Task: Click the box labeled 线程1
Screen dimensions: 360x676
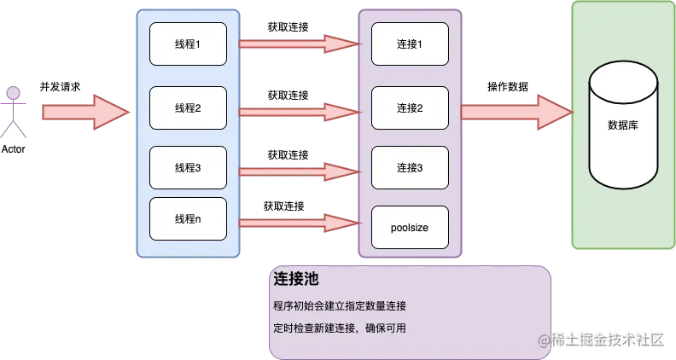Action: pos(188,44)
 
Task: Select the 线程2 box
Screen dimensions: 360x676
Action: pos(188,108)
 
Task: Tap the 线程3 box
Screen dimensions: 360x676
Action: pos(188,168)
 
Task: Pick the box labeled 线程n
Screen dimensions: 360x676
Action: pos(188,218)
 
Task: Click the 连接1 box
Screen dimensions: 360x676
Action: pos(410,44)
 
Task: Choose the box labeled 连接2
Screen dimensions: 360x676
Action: pos(410,108)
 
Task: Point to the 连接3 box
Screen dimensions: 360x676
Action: pos(410,168)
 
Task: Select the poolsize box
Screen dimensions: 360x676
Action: pos(410,228)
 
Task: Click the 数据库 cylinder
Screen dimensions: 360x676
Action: pos(624,125)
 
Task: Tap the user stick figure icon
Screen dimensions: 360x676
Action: pos(13,111)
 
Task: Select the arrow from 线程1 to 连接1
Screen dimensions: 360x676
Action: pos(299,43)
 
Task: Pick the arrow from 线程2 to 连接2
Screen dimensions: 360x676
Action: pos(299,111)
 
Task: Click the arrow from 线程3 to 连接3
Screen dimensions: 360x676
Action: pos(299,172)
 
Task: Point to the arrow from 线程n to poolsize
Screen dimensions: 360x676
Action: pos(299,224)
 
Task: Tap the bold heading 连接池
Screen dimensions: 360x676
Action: pos(296,280)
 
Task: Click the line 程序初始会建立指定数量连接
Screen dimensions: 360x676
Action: pos(340,306)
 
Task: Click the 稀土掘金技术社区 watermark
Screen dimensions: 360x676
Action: pos(605,339)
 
